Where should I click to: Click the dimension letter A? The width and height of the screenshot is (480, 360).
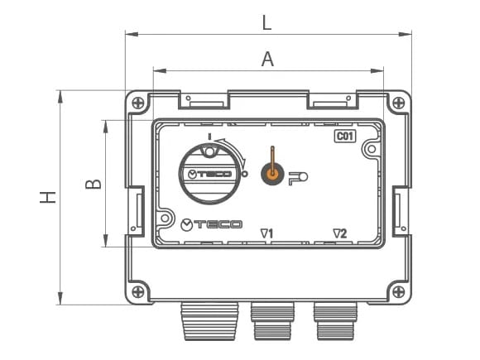[266, 58]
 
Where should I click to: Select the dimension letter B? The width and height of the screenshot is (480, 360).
[94, 182]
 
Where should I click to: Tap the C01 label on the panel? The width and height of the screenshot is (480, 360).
[345, 137]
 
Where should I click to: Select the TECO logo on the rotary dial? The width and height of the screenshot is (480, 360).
[209, 175]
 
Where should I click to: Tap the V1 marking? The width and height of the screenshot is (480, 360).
[266, 233]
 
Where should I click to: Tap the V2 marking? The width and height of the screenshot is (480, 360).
[339, 233]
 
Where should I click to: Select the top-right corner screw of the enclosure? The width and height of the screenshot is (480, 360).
[400, 103]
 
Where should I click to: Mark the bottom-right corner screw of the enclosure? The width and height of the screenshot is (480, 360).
[400, 291]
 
